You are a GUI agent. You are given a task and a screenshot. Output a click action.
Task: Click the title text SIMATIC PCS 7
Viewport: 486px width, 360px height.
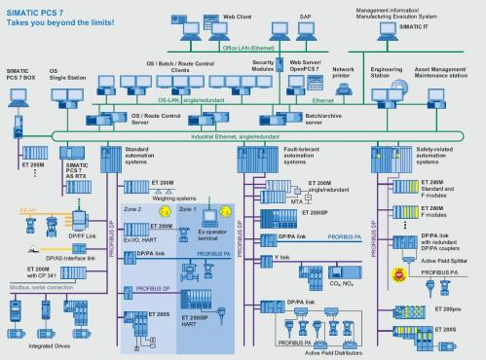tap(37, 10)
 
